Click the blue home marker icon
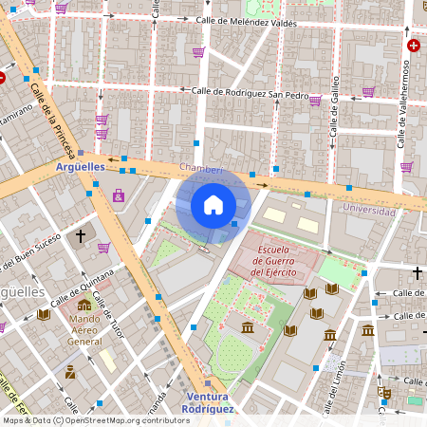[x=213, y=205]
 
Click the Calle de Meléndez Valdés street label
[x=252, y=21]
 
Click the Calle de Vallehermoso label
[x=402, y=104]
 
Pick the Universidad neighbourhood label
[x=368, y=211]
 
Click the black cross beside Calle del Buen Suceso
[x=81, y=234]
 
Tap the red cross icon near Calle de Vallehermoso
[x=413, y=45]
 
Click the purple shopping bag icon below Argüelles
[x=119, y=196]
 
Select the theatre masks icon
[x=383, y=390]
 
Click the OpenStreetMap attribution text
[x=95, y=419]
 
